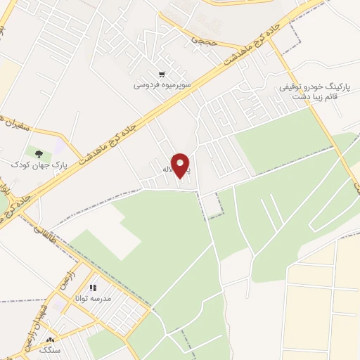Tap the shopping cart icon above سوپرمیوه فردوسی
coord(162,74)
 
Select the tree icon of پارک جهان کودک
coord(39,153)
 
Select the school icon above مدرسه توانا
coord(92,288)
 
